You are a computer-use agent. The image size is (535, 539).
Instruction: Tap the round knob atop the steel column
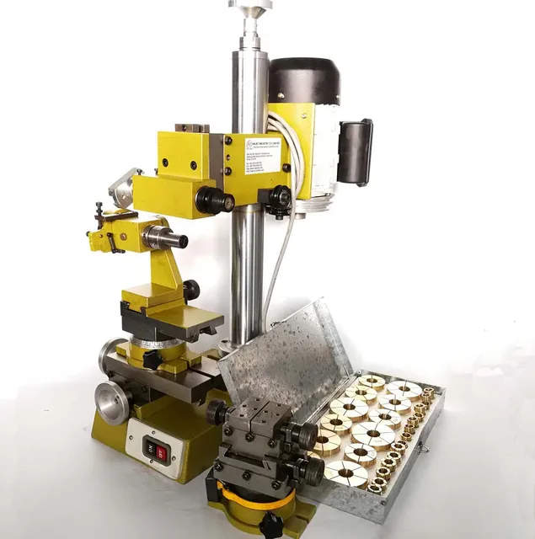tap(249, 8)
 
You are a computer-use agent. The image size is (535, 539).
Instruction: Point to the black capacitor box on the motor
tap(355, 152)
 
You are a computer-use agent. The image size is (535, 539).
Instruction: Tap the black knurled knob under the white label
tap(278, 198)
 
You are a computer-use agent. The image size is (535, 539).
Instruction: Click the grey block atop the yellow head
tap(192, 128)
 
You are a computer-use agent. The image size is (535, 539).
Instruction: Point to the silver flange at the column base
tap(227, 345)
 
